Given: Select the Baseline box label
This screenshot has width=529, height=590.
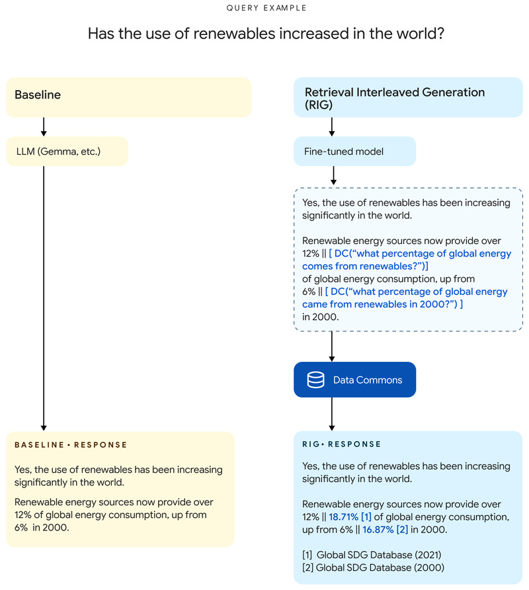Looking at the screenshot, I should coord(38,95).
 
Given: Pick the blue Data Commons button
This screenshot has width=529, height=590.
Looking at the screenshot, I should coord(354,380).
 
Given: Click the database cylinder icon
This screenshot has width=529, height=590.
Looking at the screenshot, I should coord(315,380).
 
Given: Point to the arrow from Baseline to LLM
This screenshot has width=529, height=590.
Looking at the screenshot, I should coord(44,127).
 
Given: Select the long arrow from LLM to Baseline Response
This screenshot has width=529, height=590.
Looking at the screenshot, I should coord(44,298).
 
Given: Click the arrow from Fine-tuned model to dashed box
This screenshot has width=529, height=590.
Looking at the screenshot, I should coord(333,175).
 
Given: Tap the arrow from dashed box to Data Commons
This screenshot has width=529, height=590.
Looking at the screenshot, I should coord(331,345).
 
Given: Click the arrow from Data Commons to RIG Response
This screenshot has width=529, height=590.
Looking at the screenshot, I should coord(331,414).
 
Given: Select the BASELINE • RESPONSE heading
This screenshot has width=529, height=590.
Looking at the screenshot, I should coord(71,445).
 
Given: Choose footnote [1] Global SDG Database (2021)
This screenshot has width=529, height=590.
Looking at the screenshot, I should coord(371,555).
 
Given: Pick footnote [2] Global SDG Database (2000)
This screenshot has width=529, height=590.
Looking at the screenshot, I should coord(372,568).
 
